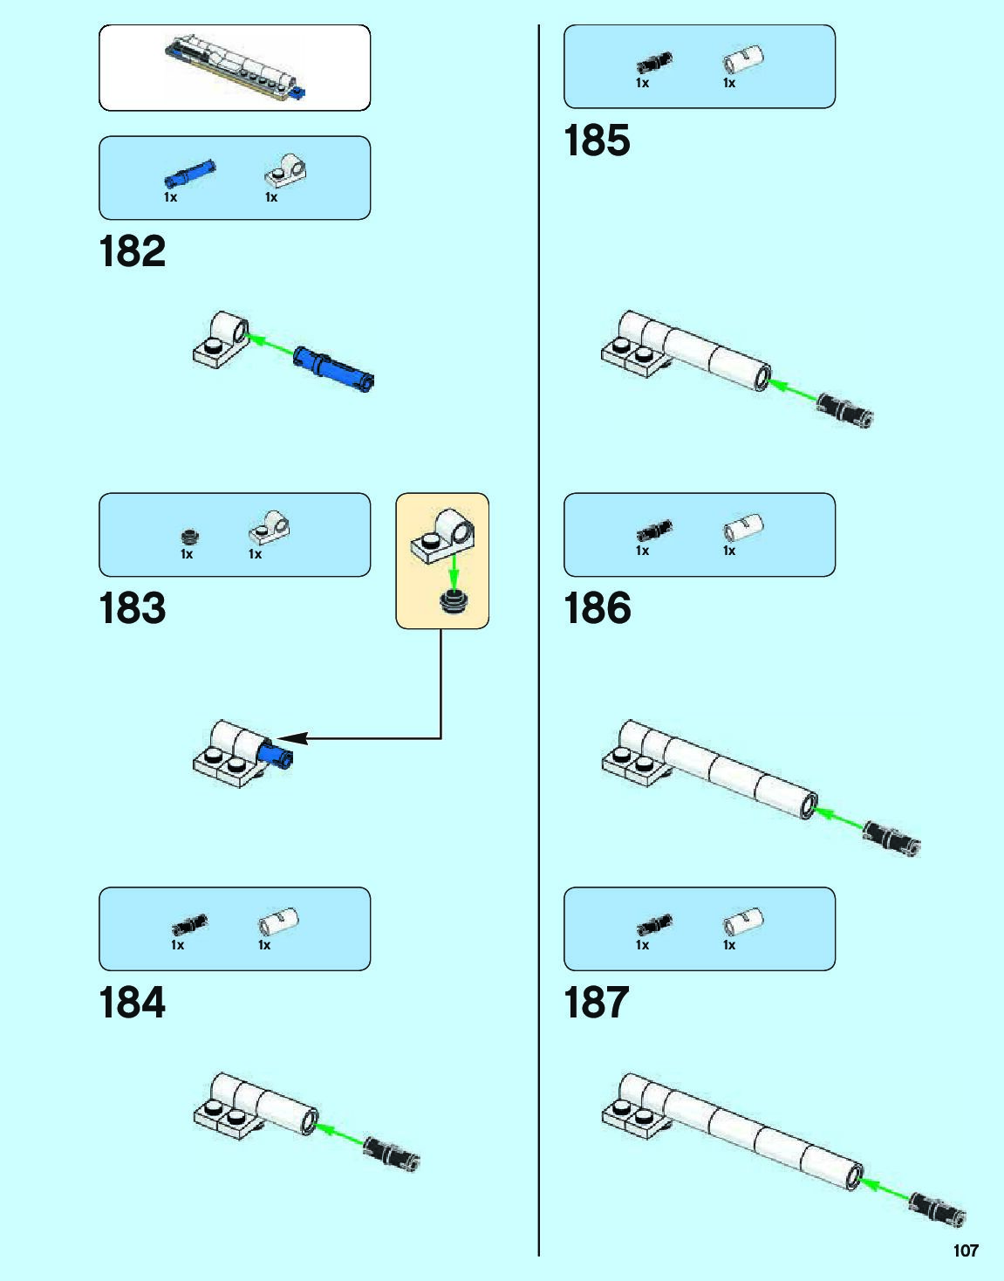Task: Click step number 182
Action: tap(133, 251)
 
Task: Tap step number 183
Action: tap(133, 608)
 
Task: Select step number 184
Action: tap(133, 1003)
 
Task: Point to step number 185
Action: tap(597, 140)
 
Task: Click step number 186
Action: tap(597, 608)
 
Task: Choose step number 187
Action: tap(597, 1003)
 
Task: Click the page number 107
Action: tap(966, 1250)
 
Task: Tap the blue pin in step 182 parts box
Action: tap(190, 173)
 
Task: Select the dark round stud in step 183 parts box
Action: tap(189, 537)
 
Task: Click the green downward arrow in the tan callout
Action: tap(453, 572)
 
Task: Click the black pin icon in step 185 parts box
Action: tap(654, 62)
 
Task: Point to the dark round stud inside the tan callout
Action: tap(453, 601)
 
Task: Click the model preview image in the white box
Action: tap(235, 68)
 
